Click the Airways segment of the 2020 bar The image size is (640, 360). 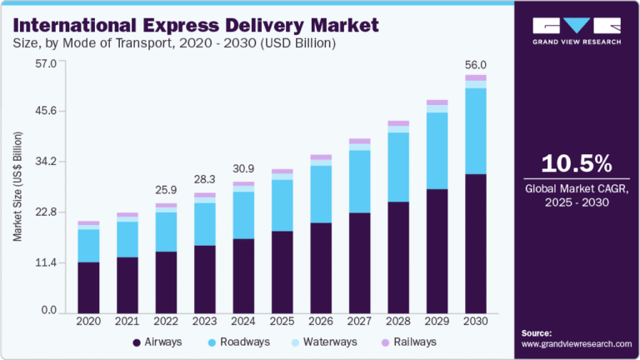tap(88, 286)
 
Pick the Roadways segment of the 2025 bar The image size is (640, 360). tap(282, 205)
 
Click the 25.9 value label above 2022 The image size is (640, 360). tap(166, 191)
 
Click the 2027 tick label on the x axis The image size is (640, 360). tap(359, 321)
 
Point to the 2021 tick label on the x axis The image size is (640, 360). tap(127, 321)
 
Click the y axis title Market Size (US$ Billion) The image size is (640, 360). tap(17, 187)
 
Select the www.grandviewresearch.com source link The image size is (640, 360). tap(577, 343)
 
